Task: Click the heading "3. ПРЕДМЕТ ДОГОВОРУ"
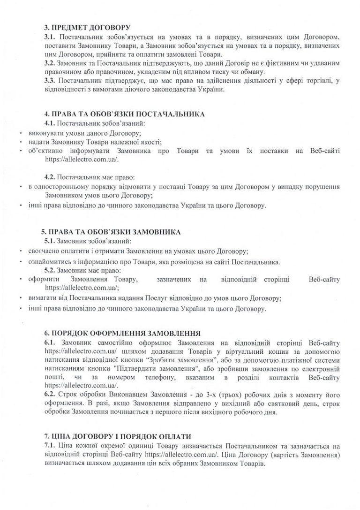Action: coord(81,28)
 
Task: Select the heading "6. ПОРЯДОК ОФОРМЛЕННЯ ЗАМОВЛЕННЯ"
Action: coord(121,333)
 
